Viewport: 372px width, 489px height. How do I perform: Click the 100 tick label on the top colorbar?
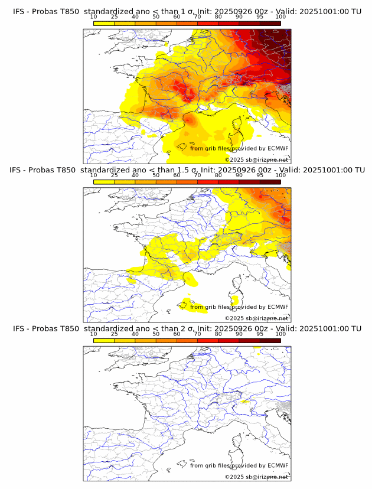(280, 17)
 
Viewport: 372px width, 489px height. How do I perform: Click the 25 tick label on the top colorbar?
(115, 17)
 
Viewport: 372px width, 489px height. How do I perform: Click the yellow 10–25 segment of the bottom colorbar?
(104, 340)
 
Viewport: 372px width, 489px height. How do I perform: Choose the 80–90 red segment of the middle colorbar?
(229, 181)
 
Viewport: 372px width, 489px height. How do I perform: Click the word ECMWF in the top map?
(278, 148)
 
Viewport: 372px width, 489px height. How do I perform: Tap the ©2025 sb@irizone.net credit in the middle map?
(257, 318)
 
